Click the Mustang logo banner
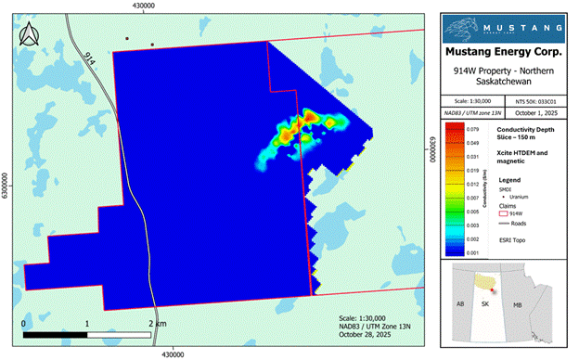click(x=503, y=25)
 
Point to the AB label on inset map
click(x=457, y=303)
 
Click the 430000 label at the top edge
click(x=143, y=6)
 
